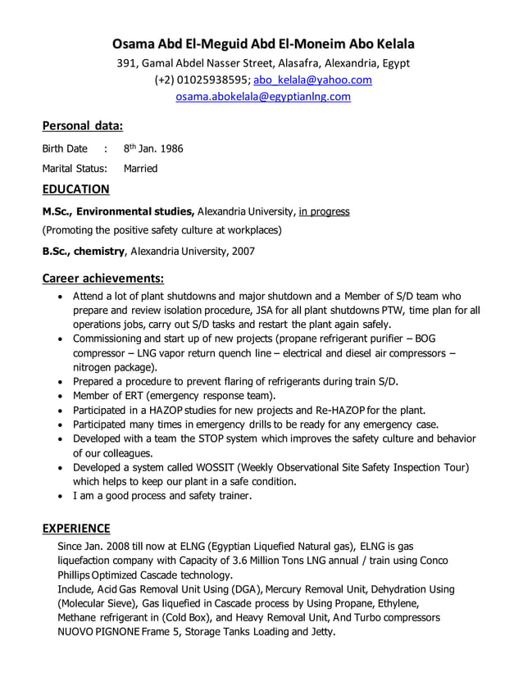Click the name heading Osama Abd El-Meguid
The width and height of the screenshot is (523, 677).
(262, 43)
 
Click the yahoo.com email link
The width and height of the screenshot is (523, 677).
(312, 80)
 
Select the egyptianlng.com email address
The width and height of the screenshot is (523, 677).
(263, 97)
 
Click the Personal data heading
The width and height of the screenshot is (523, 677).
(82, 125)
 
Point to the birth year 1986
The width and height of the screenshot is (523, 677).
(170, 149)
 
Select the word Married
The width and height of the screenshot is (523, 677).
(140, 169)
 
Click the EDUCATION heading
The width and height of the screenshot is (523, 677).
(75, 189)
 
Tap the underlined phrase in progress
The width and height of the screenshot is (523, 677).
(324, 211)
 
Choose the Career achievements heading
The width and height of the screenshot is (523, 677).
(103, 278)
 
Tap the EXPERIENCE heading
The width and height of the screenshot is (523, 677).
(76, 528)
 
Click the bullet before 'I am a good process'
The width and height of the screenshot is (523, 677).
(61, 496)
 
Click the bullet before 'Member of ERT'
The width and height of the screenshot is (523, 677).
(61, 396)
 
